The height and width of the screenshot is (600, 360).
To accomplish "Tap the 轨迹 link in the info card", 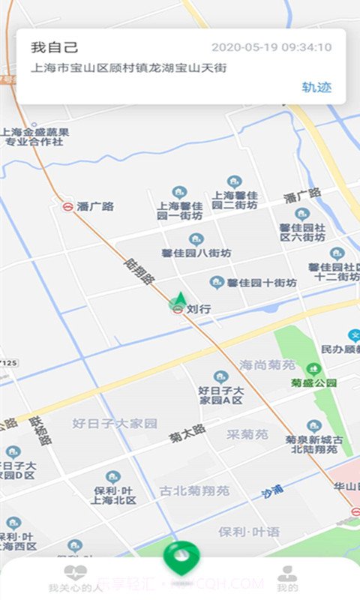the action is (317, 86).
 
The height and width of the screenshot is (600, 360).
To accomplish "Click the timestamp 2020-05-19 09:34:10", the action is (271, 47).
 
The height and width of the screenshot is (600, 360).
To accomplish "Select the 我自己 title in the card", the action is (54, 47).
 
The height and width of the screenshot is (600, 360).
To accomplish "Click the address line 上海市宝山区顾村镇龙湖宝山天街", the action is (128, 67).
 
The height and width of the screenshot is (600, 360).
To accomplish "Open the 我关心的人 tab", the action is (75, 578).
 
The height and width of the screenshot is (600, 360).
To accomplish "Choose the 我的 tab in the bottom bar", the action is (286, 578).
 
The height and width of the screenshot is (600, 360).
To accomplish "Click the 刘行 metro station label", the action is (198, 307).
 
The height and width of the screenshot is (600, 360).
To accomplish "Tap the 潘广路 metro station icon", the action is (68, 206).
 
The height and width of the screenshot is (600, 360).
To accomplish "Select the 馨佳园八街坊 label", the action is (196, 253).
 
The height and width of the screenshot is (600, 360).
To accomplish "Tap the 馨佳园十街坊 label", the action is (262, 283).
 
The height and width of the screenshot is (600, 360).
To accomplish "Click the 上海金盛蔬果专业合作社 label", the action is (35, 136).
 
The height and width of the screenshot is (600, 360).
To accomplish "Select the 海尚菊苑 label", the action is (267, 365).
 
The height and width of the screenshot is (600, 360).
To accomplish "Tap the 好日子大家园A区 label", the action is (220, 394).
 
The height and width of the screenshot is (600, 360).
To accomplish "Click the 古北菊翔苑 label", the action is (194, 491).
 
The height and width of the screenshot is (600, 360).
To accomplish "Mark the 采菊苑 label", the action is (247, 434).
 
